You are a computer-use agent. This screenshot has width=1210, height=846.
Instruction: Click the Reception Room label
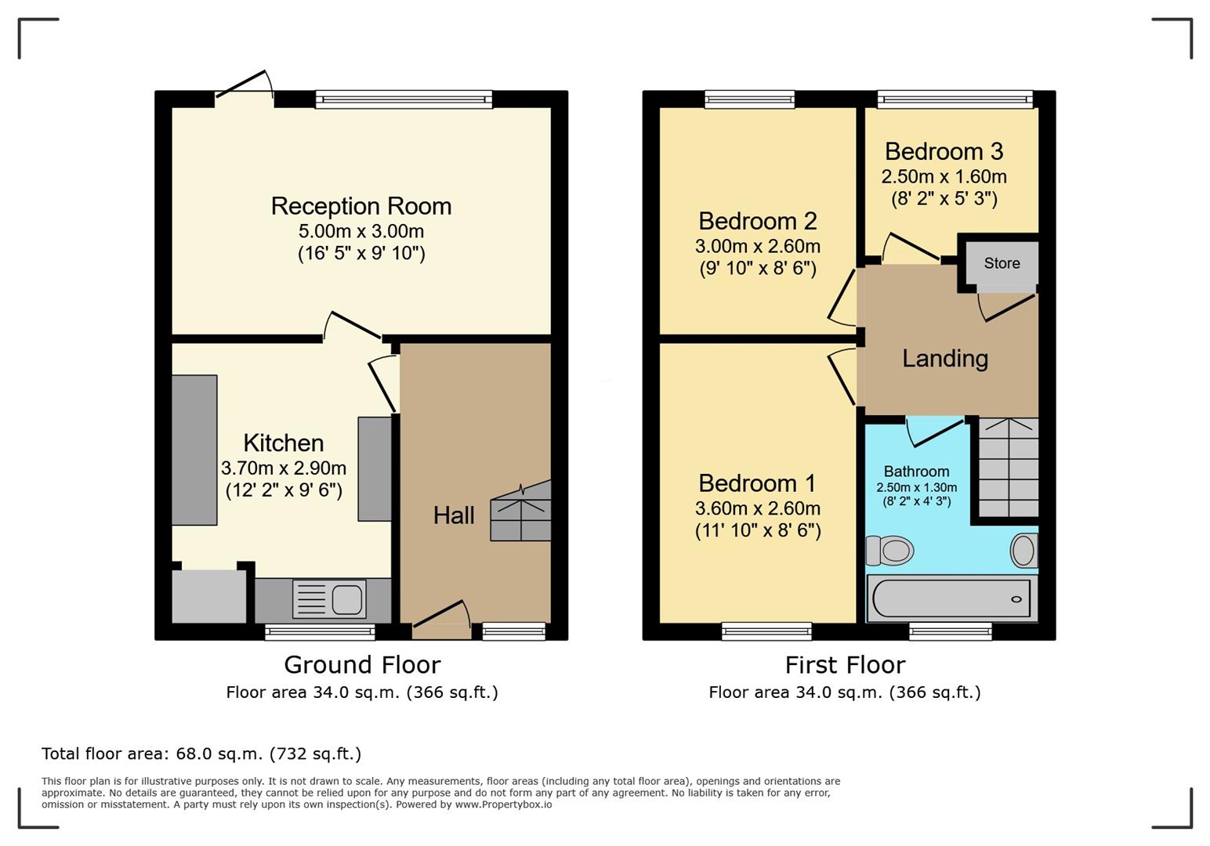tap(360, 206)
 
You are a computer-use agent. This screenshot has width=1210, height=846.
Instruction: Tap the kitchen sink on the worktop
tap(329, 598)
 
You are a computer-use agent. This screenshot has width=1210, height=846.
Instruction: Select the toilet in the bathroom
tap(889, 551)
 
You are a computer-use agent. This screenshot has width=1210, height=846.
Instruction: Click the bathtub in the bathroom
tap(952, 598)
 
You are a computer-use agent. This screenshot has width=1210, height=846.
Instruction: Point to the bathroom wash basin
tap(1024, 551)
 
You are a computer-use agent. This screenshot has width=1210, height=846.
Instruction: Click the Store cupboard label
tap(1002, 263)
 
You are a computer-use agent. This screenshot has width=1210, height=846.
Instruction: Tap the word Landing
tap(945, 359)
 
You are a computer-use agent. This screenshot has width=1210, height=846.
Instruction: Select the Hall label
tap(454, 515)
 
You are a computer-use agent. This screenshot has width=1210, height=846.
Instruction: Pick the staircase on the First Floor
tap(1009, 467)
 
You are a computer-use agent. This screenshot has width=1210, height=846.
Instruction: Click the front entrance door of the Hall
tap(442, 620)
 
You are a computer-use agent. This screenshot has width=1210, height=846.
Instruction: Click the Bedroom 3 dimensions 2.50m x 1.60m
tap(944, 176)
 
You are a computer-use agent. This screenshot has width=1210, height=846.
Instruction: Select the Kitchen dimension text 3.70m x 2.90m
tap(284, 468)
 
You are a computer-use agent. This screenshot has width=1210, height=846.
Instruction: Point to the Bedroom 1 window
tap(767, 631)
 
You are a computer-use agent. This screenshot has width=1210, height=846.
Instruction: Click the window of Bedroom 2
tap(750, 99)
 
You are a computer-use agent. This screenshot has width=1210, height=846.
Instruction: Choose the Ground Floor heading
tap(363, 665)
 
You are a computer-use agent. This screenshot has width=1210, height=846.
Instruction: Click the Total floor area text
tap(201, 754)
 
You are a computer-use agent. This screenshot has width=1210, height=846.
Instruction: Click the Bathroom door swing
tap(936, 432)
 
